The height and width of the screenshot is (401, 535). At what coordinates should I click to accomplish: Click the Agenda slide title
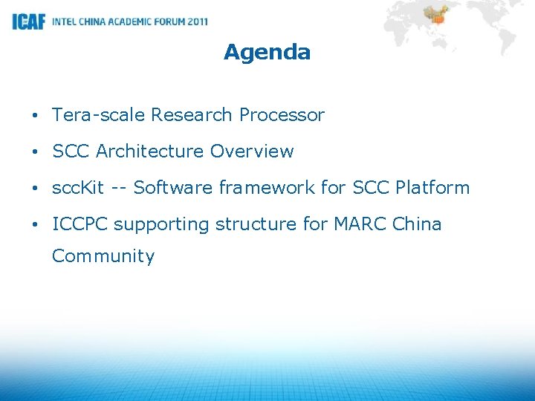(267, 53)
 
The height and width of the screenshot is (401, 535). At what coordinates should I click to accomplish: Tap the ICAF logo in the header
(29, 22)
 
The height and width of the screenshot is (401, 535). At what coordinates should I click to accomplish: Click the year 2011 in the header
(198, 22)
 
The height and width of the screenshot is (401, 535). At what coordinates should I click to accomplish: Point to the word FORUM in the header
(166, 22)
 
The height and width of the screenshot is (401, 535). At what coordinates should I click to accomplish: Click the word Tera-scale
(98, 115)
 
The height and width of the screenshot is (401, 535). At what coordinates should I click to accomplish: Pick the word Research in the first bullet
(192, 115)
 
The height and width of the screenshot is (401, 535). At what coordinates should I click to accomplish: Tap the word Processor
(282, 115)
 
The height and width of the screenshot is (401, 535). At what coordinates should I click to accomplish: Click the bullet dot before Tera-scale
(35, 116)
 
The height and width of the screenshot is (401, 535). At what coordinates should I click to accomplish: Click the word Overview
(252, 151)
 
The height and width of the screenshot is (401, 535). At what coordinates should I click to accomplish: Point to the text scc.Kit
(78, 188)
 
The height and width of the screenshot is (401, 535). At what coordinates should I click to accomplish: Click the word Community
(103, 257)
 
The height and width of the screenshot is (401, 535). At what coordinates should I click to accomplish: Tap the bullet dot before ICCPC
(35, 225)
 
